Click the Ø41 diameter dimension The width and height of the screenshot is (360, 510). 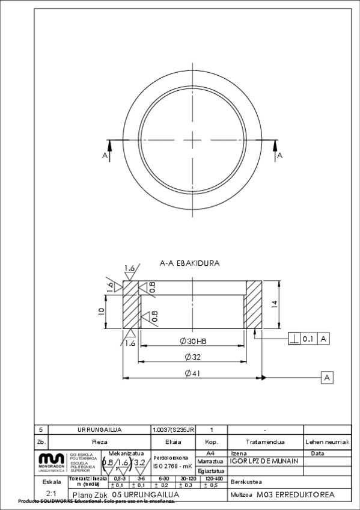click(x=192, y=373)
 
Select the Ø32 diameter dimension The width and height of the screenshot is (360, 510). click(x=192, y=357)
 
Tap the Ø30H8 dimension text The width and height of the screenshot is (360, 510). click(x=192, y=341)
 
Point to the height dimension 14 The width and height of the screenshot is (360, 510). click(x=274, y=305)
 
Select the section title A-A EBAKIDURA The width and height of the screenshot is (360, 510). click(x=189, y=263)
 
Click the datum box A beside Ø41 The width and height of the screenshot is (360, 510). click(x=326, y=378)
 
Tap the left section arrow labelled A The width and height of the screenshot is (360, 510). click(x=108, y=150)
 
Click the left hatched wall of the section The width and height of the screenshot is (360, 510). click(x=130, y=305)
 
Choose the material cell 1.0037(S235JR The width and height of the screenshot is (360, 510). click(x=174, y=430)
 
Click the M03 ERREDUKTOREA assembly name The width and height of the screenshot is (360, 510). click(x=294, y=495)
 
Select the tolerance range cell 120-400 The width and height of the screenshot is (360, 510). click(x=213, y=479)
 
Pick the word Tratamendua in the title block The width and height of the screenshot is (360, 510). click(x=265, y=441)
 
